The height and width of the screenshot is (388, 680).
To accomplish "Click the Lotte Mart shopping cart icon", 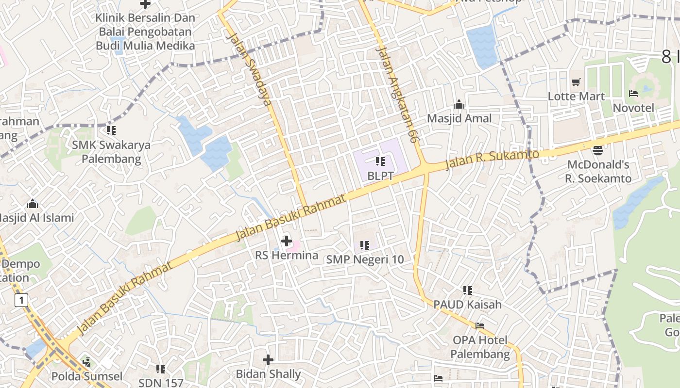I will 576,82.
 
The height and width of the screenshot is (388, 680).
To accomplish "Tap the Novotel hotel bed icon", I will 633,94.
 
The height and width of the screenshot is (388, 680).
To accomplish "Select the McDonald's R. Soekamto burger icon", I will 598,150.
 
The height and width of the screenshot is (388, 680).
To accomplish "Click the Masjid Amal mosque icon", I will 459,104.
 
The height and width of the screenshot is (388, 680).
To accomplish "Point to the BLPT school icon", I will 380,161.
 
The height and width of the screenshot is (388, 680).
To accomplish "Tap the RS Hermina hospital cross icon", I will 287,241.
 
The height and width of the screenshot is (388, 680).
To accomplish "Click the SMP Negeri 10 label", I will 365,259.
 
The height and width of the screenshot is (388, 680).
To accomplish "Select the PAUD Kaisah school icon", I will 467,291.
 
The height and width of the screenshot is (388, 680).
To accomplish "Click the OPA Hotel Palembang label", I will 480,347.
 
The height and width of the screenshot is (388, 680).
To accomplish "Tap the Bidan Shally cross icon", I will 268,360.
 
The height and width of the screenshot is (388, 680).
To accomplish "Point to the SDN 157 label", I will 161,383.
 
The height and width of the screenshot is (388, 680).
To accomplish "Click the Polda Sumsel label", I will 87,376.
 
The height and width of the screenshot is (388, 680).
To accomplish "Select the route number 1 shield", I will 21,300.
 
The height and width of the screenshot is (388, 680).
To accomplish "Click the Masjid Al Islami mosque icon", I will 33,204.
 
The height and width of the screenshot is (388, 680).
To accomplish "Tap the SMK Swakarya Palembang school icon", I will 111,130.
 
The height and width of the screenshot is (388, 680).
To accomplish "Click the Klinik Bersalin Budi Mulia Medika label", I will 145,32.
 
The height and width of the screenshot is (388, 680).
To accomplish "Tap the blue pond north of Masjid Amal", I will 481,45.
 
